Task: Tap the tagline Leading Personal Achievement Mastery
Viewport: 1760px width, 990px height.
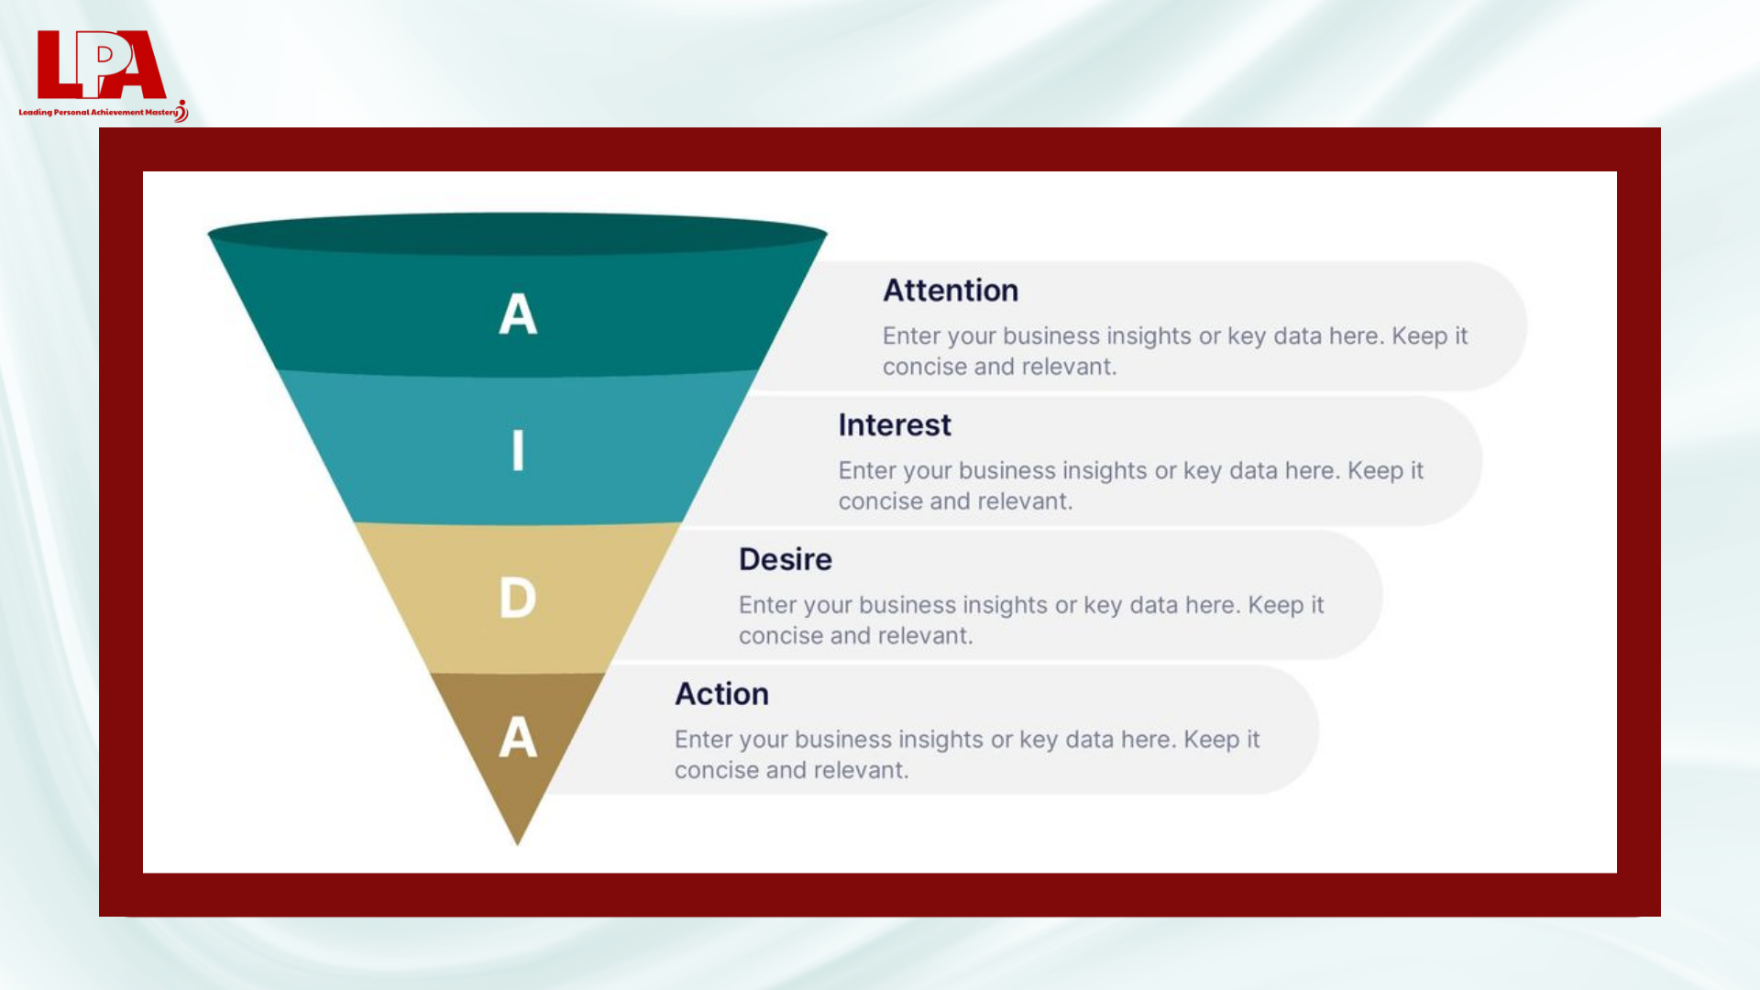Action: (99, 113)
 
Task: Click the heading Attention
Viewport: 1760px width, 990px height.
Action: (951, 291)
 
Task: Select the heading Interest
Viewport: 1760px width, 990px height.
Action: (895, 425)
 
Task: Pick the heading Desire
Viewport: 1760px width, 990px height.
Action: (786, 560)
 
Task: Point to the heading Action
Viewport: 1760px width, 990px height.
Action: (721, 694)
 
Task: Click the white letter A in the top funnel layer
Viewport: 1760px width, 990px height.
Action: (518, 313)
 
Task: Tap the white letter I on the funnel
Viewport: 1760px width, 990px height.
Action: (518, 450)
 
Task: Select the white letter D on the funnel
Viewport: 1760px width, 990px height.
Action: (518, 598)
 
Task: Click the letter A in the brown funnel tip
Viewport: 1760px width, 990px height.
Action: (518, 737)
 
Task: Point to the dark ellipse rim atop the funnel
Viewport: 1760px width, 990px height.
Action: (518, 234)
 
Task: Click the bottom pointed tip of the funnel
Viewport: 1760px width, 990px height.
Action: (518, 844)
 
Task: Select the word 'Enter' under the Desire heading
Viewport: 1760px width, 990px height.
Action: (767, 605)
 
